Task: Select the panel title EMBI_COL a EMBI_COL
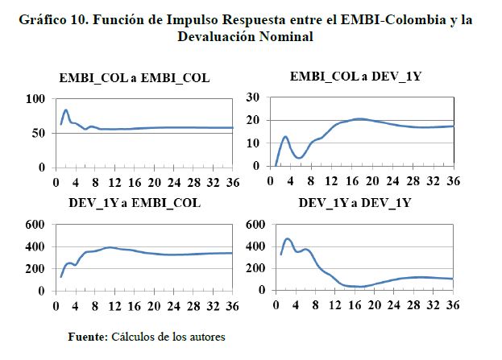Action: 134,78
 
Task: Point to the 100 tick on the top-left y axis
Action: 35,99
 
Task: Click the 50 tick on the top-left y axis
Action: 38,133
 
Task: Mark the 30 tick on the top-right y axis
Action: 253,97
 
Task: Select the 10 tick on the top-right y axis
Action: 253,143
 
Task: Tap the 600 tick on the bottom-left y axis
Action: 35,225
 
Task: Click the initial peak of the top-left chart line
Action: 66,110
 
